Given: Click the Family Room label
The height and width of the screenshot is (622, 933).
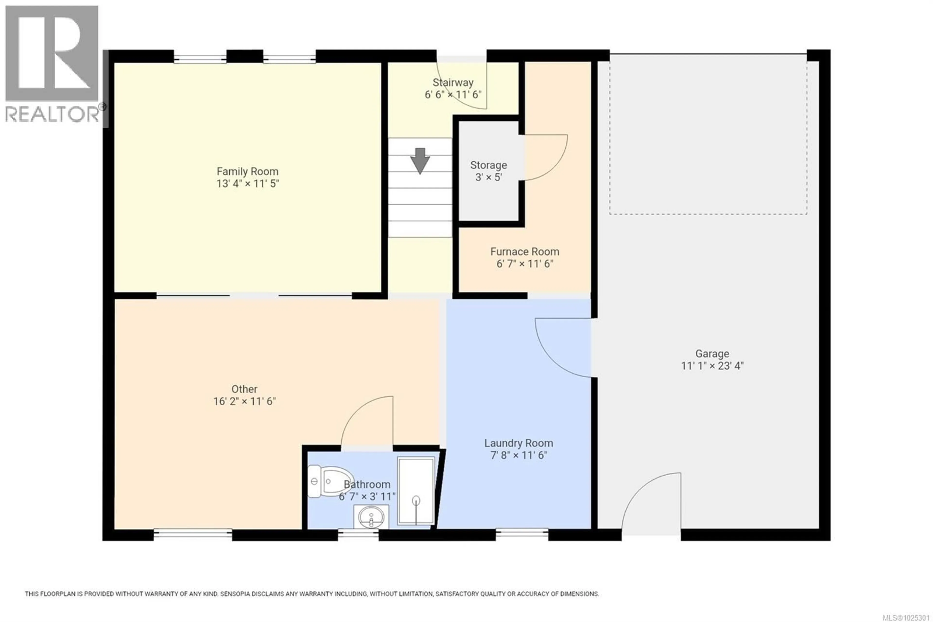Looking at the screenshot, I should pos(247,171).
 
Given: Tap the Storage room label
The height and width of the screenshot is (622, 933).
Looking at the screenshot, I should pos(488,165).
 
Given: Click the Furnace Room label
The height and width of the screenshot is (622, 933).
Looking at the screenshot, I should pos(524,251).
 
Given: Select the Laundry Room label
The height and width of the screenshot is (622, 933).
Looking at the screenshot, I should pos(518,443).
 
